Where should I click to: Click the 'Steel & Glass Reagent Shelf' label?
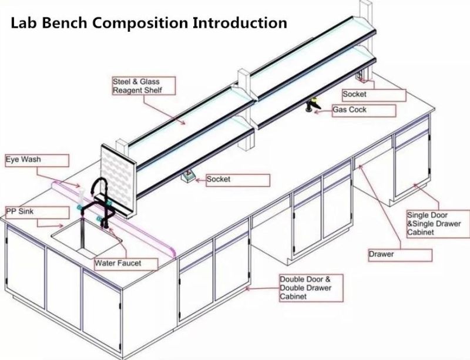pyautogui.click(x=136, y=86)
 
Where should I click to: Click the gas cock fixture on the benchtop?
pyautogui.click(x=310, y=106)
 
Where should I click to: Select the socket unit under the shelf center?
pyautogui.click(x=189, y=174)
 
